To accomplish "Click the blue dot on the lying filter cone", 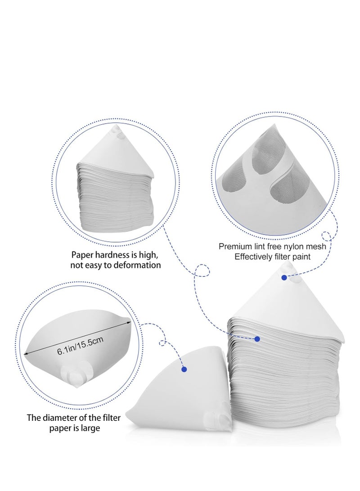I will point(184,369).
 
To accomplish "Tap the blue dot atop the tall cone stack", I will point(284,278).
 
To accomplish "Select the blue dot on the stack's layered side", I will point(257,338).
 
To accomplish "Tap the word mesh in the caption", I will point(316,246).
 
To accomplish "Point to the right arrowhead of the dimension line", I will point(129,321).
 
